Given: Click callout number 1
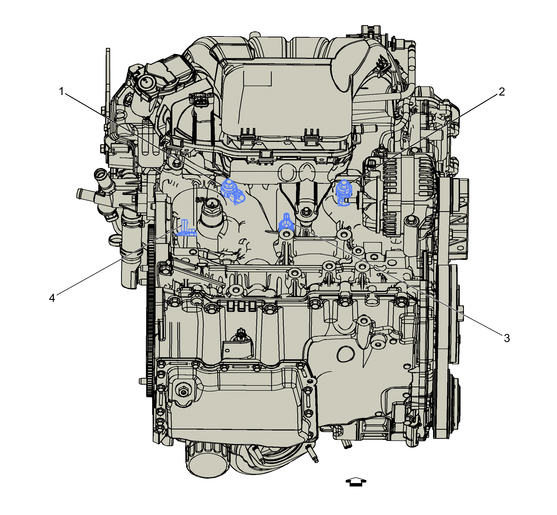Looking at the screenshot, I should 61,91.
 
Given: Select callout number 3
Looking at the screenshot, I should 507,338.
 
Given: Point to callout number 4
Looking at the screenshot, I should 52,298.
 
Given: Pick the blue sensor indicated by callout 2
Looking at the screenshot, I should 344,192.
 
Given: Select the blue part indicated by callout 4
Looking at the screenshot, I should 186,229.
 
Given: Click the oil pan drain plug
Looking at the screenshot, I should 183,392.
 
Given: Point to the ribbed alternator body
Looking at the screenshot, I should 395,195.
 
